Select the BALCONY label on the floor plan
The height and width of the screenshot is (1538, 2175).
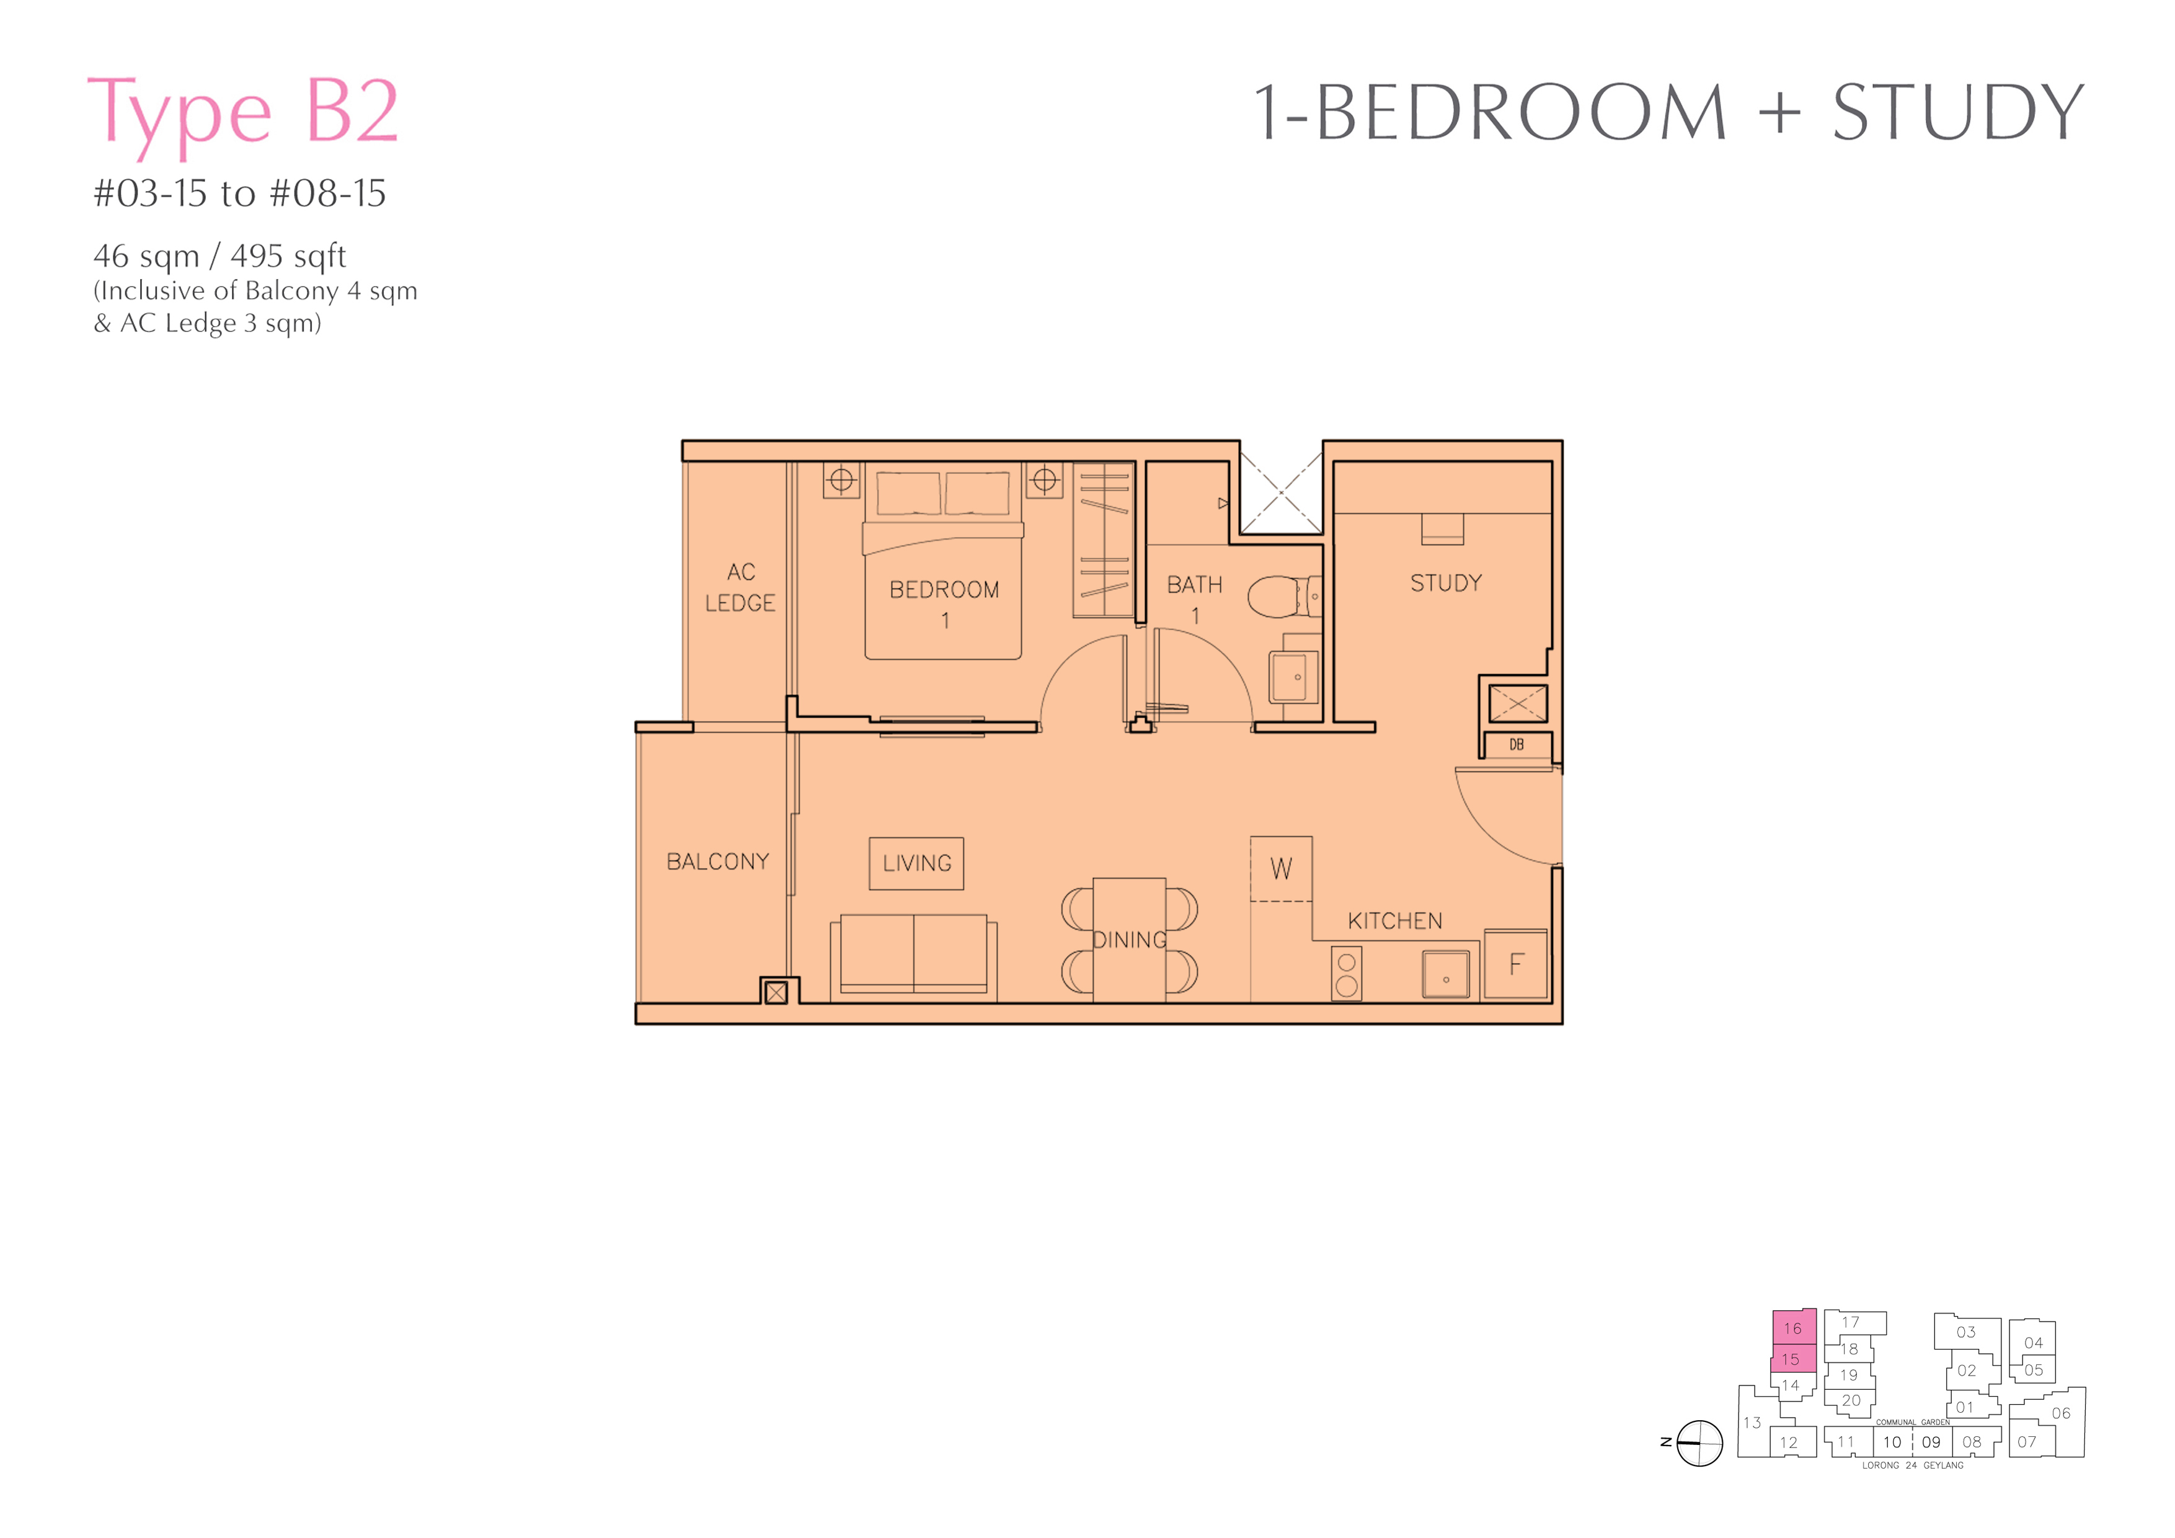(x=718, y=861)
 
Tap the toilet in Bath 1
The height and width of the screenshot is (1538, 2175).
(x=1283, y=597)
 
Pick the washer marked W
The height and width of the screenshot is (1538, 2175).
(x=1281, y=869)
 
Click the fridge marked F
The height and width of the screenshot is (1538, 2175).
(x=1516, y=965)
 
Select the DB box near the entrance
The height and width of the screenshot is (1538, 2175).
(x=1517, y=745)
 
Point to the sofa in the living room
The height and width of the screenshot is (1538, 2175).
(x=913, y=957)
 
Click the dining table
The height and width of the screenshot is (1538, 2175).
(x=1129, y=939)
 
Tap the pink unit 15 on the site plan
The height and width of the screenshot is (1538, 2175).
(x=1792, y=1359)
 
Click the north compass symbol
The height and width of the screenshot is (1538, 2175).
(x=1699, y=1443)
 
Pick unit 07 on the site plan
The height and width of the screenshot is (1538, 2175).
(x=2027, y=1441)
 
